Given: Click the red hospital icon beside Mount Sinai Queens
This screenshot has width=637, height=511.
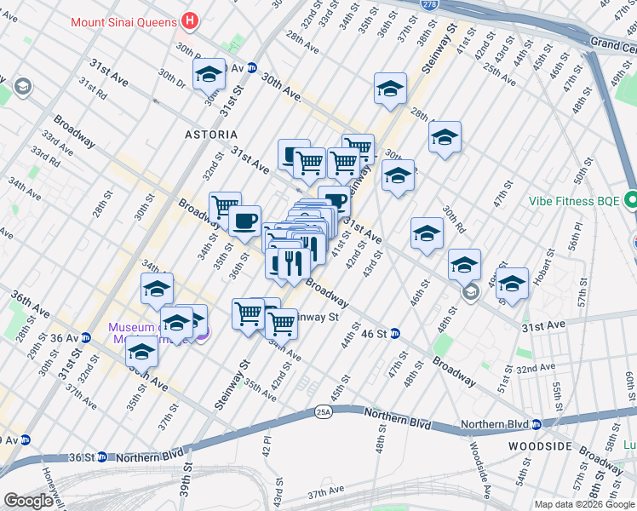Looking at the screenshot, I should (x=190, y=20).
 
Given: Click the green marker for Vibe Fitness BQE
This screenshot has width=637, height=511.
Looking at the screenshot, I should (x=631, y=201).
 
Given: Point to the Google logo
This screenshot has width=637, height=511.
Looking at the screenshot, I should (x=28, y=501).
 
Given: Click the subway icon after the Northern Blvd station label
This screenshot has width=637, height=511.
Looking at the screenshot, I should (x=536, y=424).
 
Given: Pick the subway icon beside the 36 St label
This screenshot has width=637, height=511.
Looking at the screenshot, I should (x=101, y=456).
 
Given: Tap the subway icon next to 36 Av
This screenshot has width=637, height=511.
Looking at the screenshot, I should (x=85, y=337).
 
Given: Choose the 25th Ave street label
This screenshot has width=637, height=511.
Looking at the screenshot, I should (x=498, y=76).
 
